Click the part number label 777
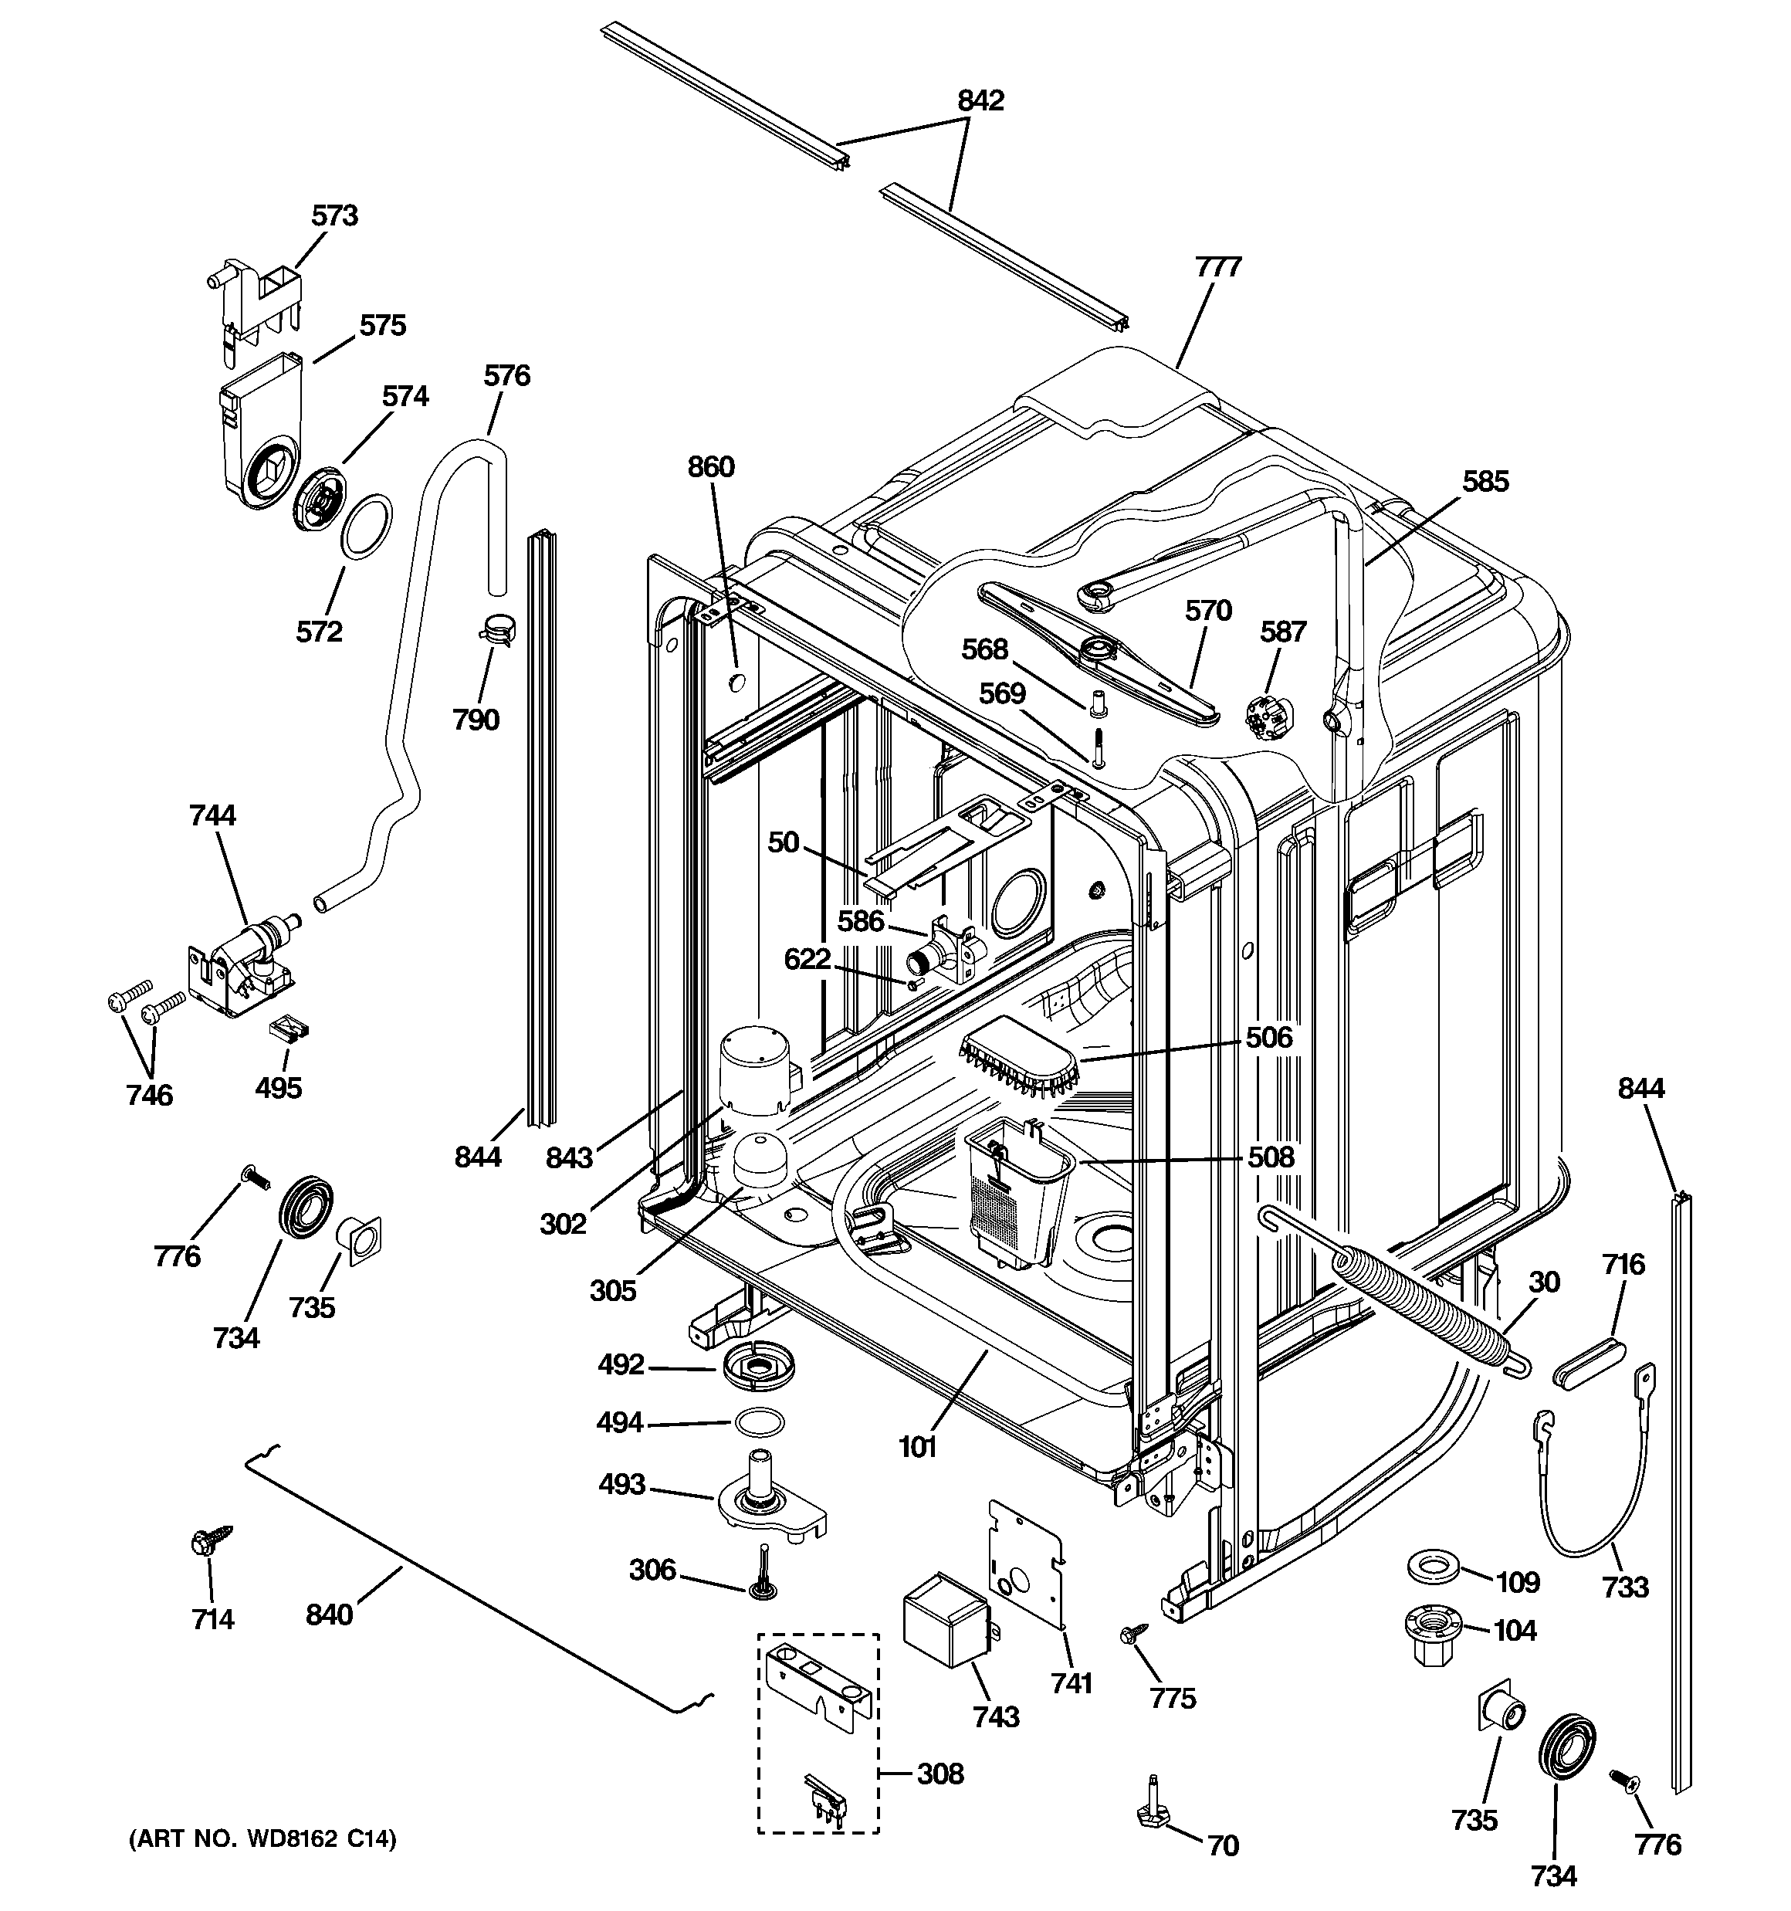pos(1218,267)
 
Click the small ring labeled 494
pos(759,1421)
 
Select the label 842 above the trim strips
pos(980,101)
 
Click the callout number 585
pos(1485,482)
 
